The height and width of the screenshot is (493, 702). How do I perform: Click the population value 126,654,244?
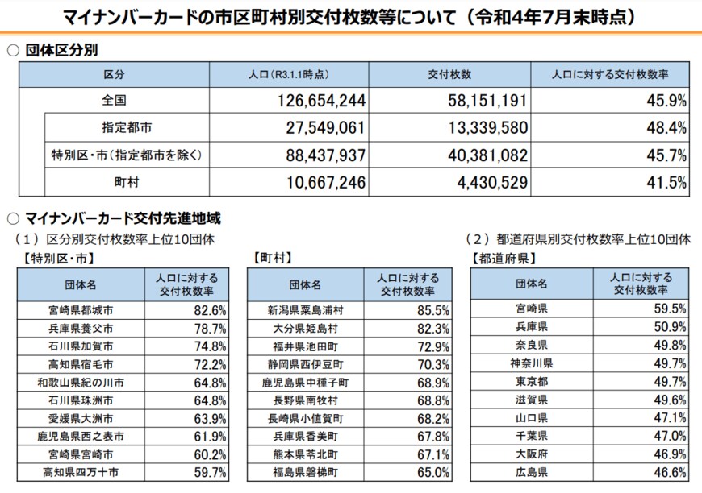pyautogui.click(x=315, y=101)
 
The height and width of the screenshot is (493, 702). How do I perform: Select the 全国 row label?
pyautogui.click(x=114, y=101)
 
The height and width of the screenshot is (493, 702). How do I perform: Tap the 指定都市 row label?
pyautogui.click(x=127, y=127)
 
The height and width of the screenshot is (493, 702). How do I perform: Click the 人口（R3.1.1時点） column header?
pyautogui.click(x=289, y=74)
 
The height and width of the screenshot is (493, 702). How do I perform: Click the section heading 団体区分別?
pyautogui.click(x=61, y=50)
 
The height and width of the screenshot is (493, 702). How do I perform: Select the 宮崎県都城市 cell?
pyautogui.click(x=81, y=309)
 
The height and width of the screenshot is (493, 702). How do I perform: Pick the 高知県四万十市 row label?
pyautogui.click(x=81, y=473)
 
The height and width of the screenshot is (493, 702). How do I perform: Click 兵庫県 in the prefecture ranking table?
pyautogui.click(x=532, y=326)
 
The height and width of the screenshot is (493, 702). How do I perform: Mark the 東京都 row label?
pyautogui.click(x=532, y=381)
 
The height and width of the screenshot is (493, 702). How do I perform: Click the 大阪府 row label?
pyautogui.click(x=532, y=454)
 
